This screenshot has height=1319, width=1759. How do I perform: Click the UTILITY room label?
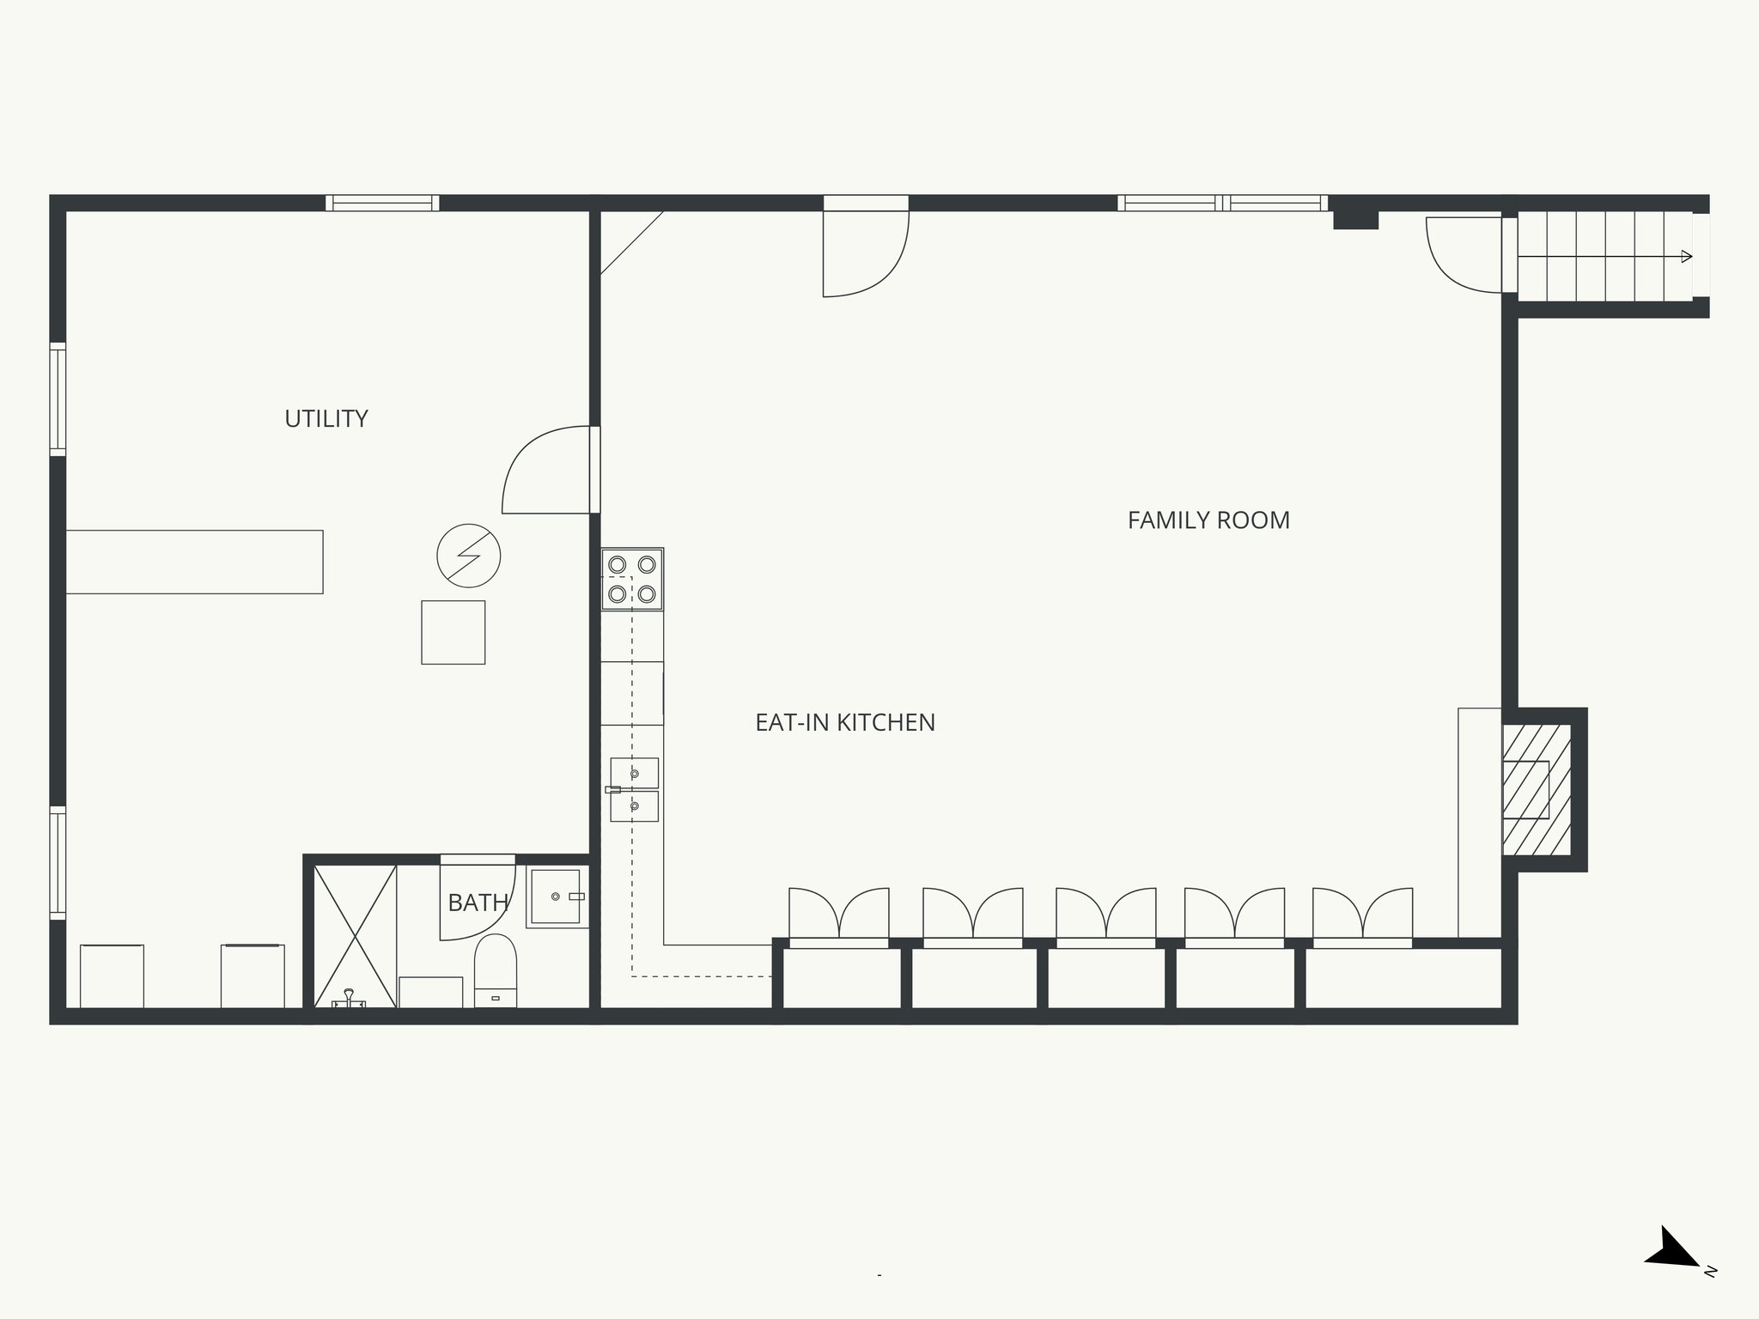pos(326,419)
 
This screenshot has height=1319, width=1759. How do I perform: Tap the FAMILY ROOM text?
pos(1208,520)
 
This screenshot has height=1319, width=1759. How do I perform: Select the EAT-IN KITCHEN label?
pos(844,723)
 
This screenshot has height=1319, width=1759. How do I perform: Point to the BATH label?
pos(478,903)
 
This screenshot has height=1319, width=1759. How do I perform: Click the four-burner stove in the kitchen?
pos(632,579)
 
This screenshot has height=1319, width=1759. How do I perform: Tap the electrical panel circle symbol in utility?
pos(468,556)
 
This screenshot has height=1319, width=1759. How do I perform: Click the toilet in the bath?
pos(496,970)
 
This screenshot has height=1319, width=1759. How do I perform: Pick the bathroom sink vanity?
pos(556,897)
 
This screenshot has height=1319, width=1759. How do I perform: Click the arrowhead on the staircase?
pos(1686,256)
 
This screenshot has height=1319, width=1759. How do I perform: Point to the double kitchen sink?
pos(634,789)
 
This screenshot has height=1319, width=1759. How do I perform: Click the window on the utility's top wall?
pos(382,204)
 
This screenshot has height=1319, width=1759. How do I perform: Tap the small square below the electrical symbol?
pos(453,632)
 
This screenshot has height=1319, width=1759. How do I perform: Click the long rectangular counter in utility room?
pos(194,562)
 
